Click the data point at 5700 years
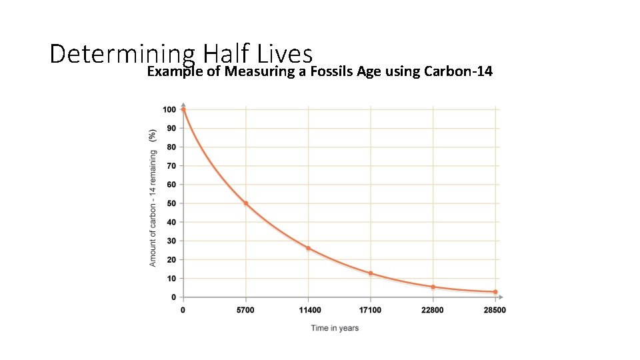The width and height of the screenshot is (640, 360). (x=246, y=203)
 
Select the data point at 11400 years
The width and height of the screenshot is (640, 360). (x=308, y=248)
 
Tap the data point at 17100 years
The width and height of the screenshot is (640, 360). (x=371, y=273)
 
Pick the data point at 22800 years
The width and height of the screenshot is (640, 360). (x=433, y=287)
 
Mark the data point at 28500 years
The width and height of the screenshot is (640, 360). (x=495, y=292)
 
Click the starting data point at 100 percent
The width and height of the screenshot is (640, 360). (x=183, y=109)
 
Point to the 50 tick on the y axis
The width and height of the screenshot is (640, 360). (x=172, y=203)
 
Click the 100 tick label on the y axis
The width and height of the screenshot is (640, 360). (x=169, y=109)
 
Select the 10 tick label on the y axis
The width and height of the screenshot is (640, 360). (x=172, y=278)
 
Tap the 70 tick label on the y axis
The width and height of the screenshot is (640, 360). (x=172, y=166)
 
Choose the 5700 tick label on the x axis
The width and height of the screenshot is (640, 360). (x=246, y=310)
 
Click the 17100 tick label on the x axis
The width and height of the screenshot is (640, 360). (x=371, y=310)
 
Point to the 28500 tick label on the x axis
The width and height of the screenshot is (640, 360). (x=495, y=310)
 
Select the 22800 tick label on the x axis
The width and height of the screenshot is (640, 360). (x=433, y=310)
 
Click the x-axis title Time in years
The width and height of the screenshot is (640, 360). (x=335, y=328)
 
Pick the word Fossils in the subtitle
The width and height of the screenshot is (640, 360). (x=331, y=71)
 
